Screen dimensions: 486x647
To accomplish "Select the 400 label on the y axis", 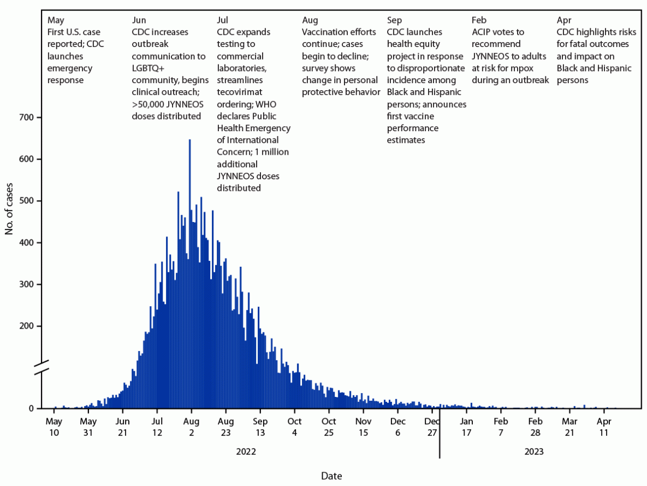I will coord(28,243).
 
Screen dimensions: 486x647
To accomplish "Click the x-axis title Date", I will coord(331,476).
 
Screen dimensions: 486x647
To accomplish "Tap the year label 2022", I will coord(246,452).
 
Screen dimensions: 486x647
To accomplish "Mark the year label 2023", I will coord(534,452).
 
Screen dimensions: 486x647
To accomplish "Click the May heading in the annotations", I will coord(56,20).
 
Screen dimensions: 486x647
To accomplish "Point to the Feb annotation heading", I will coord(479,20).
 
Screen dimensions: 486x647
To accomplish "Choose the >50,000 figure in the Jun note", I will coord(151,104).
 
